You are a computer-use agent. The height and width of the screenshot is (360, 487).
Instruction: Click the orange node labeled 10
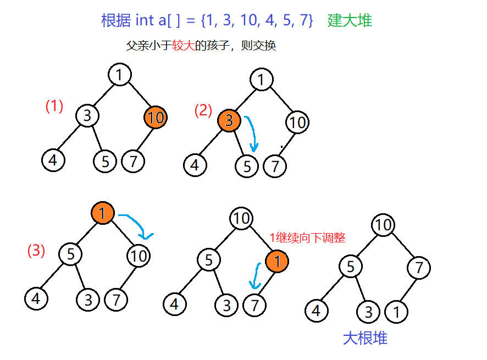156,117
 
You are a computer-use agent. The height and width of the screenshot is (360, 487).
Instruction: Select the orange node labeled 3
229,121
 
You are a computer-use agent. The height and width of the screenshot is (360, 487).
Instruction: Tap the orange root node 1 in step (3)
103,213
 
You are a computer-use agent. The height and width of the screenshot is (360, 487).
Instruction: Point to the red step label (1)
54,106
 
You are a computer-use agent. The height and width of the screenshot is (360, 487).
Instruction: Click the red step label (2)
203,110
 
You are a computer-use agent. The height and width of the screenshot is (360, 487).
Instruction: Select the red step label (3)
36,251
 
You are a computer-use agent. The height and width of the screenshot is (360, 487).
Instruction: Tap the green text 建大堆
350,21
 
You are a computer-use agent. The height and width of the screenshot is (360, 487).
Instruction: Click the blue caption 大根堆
365,338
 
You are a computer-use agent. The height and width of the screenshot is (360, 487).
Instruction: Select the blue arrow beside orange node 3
252,134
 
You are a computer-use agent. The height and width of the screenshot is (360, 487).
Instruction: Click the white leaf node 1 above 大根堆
397,312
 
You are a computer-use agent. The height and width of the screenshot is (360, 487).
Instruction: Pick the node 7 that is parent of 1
419,268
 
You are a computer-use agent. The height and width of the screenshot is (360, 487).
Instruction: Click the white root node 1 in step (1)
119,74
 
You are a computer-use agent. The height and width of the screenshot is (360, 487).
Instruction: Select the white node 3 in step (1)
87,116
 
